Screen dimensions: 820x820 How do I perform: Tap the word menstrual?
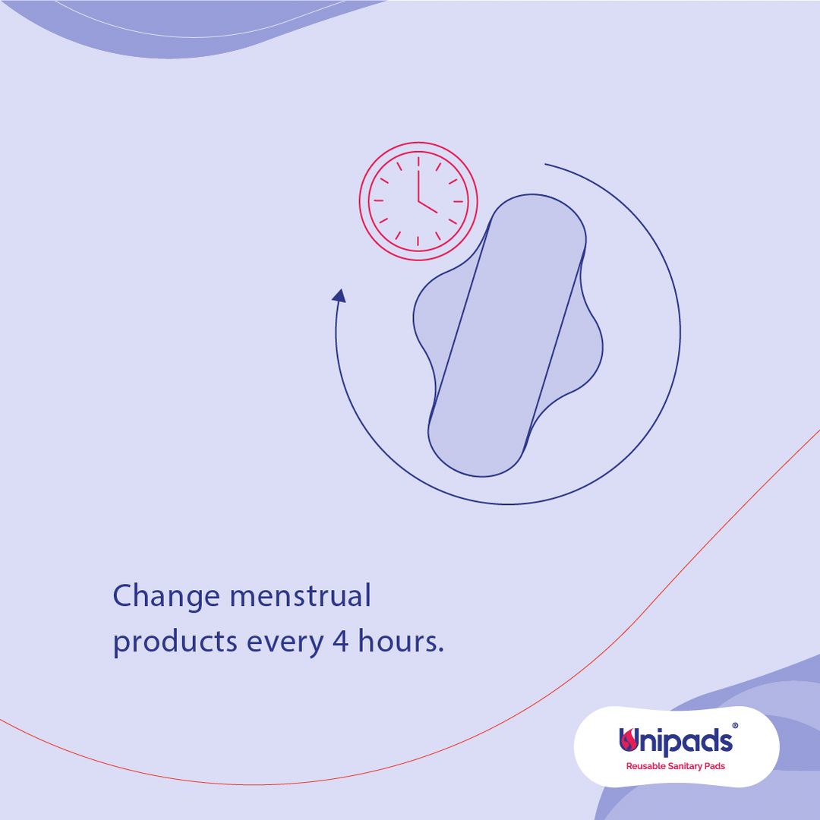pyautogui.click(x=301, y=595)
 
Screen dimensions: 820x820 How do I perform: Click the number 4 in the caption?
pyautogui.click(x=340, y=641)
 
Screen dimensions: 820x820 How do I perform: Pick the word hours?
pyautogui.click(x=397, y=640)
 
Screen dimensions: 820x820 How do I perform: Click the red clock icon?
pyautogui.click(x=418, y=200)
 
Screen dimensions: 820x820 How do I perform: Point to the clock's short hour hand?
pyautogui.click(x=427, y=207)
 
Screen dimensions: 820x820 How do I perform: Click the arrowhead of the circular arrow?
pyautogui.click(x=339, y=296)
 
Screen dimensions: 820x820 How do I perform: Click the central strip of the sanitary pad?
pyautogui.click(x=506, y=336)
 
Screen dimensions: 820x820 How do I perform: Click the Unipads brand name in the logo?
pyautogui.click(x=676, y=742)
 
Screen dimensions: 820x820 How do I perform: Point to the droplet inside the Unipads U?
pyautogui.click(x=629, y=740)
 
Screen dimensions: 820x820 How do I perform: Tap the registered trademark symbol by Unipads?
pyautogui.click(x=735, y=726)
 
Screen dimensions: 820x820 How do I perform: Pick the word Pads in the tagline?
pyautogui.click(x=715, y=766)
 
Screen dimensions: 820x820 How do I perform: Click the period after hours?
pyautogui.click(x=441, y=651)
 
